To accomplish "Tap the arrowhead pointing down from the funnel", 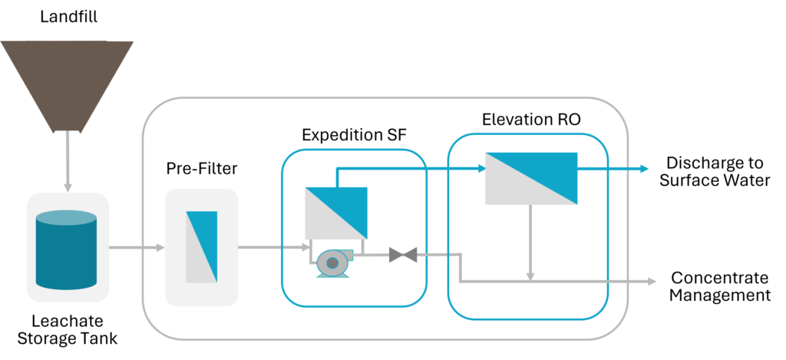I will point(68,187).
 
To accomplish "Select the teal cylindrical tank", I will point(66,253).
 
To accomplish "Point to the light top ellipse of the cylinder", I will point(66,217).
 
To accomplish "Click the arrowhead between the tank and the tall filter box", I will point(160,247).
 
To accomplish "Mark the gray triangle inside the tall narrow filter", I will point(196,261).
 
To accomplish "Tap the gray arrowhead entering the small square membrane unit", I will point(305,247).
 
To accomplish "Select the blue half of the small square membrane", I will point(346,203).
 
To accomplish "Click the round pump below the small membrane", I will point(332,263).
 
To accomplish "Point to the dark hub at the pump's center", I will point(332,263).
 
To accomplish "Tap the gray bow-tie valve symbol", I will point(403,255).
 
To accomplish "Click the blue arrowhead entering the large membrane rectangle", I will point(481,168).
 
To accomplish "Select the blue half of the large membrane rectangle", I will point(549,169).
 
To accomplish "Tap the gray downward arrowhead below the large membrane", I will point(530,276).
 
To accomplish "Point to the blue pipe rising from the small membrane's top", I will point(336,176).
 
